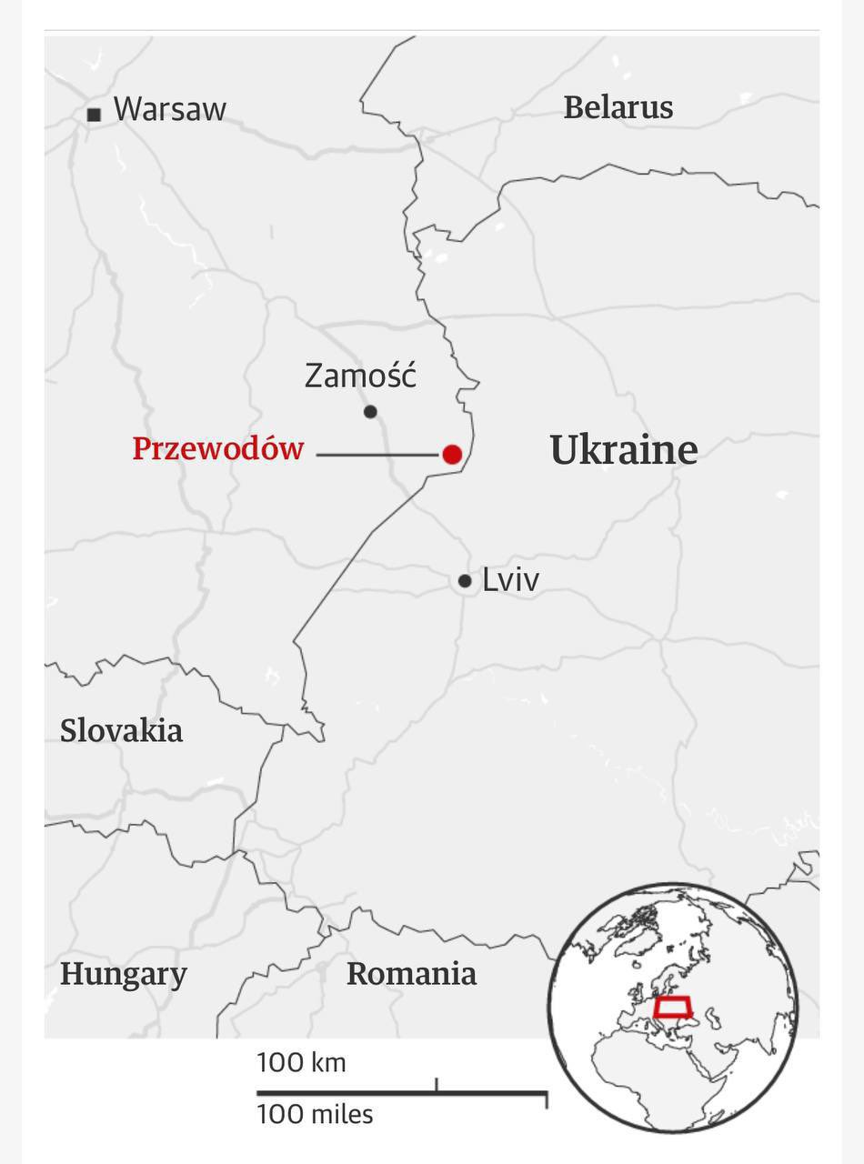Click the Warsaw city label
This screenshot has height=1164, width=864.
coord(169,110)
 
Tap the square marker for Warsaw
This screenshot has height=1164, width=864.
coord(94,115)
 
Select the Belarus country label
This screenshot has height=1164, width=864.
coord(618,107)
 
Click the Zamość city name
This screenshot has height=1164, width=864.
coord(360,376)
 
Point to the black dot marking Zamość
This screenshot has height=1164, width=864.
coord(370,412)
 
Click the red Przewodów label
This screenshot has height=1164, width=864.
coord(218,449)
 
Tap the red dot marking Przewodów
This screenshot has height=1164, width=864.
coord(452,455)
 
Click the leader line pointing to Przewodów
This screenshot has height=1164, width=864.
coord(377,455)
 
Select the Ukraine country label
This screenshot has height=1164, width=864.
coord(624,450)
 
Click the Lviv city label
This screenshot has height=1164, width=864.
coord(510,580)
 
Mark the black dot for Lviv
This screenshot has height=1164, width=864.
coord(465,581)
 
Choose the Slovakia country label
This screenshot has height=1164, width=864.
coord(121,730)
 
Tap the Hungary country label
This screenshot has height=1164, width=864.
coord(124,974)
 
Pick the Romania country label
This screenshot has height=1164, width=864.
coord(411,974)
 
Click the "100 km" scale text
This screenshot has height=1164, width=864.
coord(301,1062)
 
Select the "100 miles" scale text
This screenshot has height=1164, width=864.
coord(315,1114)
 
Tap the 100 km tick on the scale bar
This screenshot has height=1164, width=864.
coord(437,1084)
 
